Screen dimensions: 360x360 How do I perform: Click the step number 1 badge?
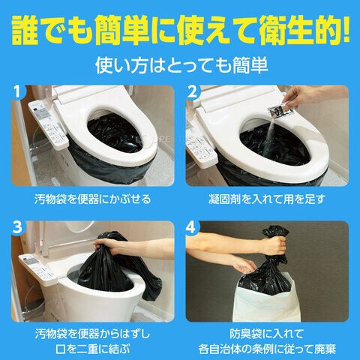pos(17,91)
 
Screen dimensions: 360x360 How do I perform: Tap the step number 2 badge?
pos(192,91)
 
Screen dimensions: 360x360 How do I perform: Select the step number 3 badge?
pos(17,227)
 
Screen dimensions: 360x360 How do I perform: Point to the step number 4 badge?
pos(192,227)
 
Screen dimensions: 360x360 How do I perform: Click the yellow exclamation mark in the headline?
pos(346,29)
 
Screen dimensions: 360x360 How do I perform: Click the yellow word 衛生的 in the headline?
pos(299,31)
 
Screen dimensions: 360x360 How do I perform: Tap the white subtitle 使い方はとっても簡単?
pos(181,65)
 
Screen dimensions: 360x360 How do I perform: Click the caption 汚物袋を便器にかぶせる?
pos(92,199)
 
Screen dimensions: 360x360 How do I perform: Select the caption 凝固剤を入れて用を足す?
pos(267,199)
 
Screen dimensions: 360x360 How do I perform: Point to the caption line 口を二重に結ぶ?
pos(92,349)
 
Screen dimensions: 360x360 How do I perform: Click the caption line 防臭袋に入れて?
pos(267,334)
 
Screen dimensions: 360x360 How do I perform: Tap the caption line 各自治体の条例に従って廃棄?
pos(267,349)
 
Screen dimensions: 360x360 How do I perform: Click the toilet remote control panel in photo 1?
pos(48,124)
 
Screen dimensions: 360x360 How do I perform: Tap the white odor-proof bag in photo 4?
pos(266,300)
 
